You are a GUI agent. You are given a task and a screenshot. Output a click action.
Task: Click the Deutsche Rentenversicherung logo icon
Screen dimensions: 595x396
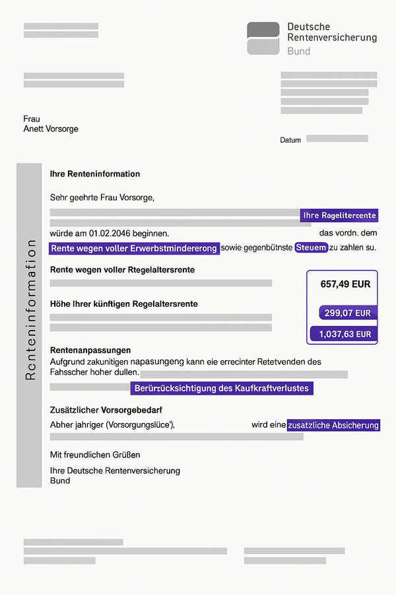(x=263, y=38)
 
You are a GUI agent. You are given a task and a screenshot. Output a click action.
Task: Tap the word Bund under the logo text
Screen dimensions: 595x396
(x=299, y=51)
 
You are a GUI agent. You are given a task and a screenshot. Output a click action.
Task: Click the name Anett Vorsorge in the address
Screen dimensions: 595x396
(x=51, y=129)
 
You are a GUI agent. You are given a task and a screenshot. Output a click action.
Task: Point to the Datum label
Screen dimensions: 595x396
(x=290, y=140)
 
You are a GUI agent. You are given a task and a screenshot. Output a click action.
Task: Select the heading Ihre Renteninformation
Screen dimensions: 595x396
(x=95, y=174)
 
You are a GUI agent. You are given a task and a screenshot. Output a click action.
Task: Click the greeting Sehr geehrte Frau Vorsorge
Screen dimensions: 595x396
(x=102, y=197)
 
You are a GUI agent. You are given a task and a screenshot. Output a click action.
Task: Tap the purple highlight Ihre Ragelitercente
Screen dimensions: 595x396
(x=339, y=216)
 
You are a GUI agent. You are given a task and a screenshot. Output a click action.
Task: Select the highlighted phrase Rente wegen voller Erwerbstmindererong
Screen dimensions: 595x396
(x=134, y=249)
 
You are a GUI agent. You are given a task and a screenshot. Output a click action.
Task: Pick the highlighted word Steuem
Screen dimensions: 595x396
(x=311, y=247)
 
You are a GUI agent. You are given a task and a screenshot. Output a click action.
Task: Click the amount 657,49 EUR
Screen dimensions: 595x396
(x=345, y=284)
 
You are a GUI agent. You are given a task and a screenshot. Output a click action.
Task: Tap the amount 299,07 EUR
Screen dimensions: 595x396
(x=345, y=313)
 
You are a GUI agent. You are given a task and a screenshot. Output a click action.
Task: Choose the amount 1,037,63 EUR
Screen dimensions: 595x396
(x=345, y=335)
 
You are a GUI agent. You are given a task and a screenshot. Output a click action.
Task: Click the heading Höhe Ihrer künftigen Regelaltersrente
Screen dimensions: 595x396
(x=124, y=304)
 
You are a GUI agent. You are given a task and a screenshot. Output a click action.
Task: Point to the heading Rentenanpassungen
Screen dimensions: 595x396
(x=90, y=350)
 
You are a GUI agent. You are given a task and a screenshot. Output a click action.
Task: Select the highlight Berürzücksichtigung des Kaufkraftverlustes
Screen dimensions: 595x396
(x=222, y=388)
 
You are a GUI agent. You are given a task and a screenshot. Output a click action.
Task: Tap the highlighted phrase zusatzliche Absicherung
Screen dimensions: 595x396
(x=333, y=425)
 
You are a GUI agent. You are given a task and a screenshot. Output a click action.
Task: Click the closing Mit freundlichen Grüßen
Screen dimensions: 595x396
(x=95, y=455)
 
